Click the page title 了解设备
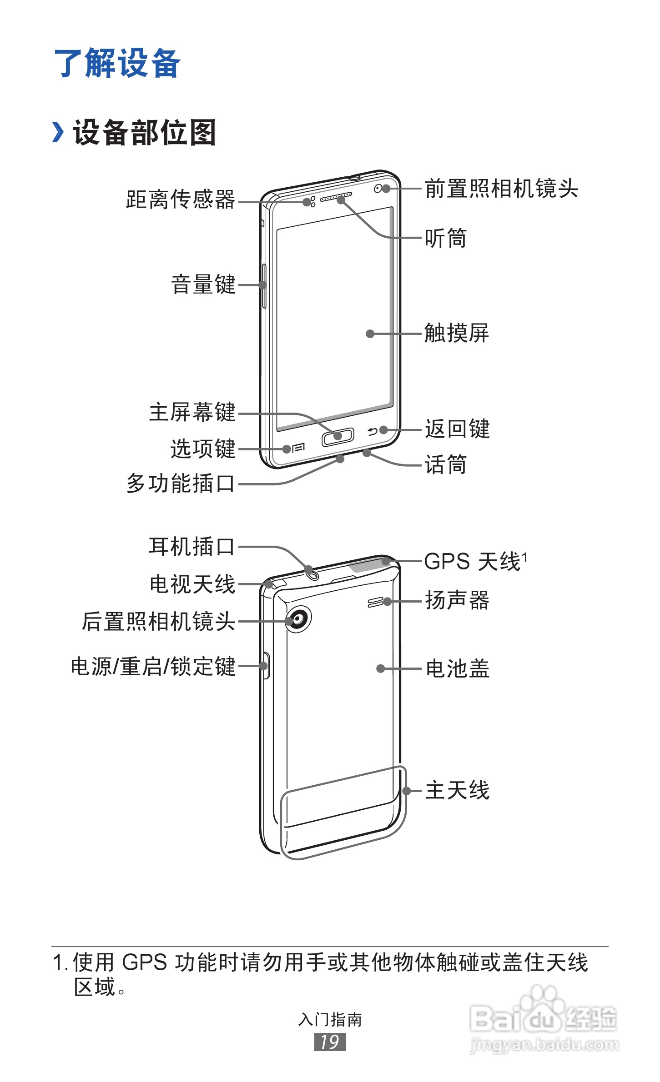pos(117,63)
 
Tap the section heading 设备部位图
pos(144,133)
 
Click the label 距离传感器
pos(180,199)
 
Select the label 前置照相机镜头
pos(501,189)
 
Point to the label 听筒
pos(445,238)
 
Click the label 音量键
pos(203,285)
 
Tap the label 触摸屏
pos(456,333)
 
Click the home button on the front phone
pos(338,437)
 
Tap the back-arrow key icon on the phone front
pos(373,431)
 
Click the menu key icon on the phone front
pos(298,449)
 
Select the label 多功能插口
pos(180,484)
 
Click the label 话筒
pos(445,465)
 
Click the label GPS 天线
pos(473,562)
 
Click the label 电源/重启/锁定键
pos(153,667)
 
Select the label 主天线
pos(457,790)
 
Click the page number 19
pos(330,1042)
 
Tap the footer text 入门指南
pos(330,1020)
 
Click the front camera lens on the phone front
pos(378,189)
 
